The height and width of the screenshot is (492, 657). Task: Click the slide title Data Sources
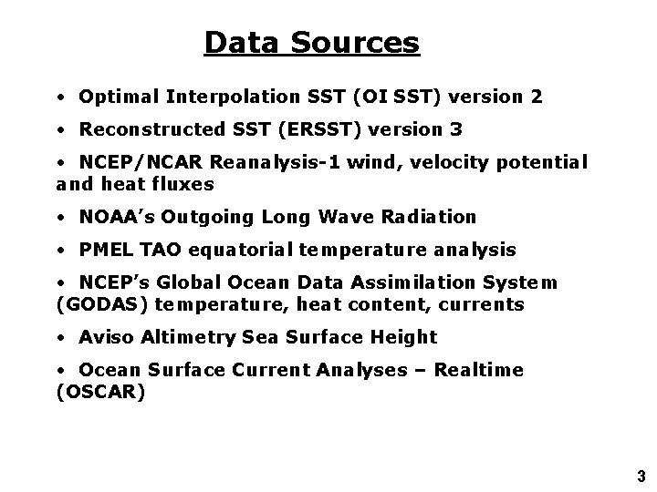(311, 42)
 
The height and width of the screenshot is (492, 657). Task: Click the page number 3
(641, 475)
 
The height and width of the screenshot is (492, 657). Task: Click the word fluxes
(185, 183)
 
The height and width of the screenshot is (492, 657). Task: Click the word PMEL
(105, 250)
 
